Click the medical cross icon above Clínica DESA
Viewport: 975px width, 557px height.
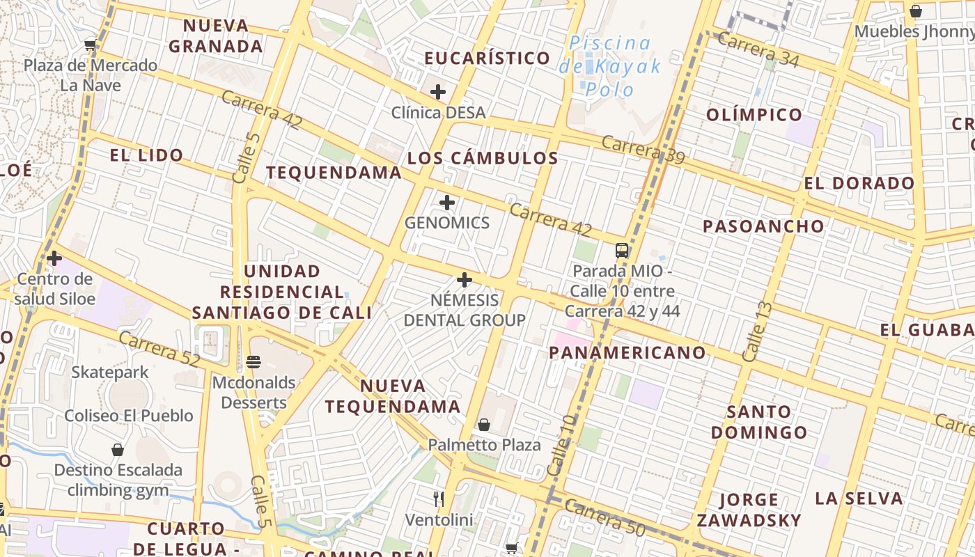tap(437, 91)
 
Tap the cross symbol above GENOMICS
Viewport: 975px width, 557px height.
tap(447, 203)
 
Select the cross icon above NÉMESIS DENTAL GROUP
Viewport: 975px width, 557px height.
tap(465, 280)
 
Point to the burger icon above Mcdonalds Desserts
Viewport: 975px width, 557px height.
tap(253, 362)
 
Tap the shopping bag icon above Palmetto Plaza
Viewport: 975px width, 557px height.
tap(484, 424)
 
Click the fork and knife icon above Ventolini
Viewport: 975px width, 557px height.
tap(439, 499)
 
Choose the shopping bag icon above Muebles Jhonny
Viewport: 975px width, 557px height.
tap(916, 11)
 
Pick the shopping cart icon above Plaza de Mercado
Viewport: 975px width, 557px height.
tap(90, 45)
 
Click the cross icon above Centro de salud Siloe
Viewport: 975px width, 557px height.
tap(54, 258)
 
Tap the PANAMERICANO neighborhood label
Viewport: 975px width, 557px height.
tap(627, 352)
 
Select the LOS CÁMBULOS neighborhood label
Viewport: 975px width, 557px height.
tap(483, 158)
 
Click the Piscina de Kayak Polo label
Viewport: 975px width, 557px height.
tap(610, 66)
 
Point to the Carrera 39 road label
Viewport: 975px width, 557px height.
tap(643, 150)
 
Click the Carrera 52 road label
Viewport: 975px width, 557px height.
tap(159, 350)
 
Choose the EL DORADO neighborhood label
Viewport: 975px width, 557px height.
tap(859, 183)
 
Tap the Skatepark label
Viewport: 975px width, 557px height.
tap(110, 372)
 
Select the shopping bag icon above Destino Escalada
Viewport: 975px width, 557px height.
tap(118, 450)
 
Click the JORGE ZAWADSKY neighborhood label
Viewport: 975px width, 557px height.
tap(749, 510)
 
